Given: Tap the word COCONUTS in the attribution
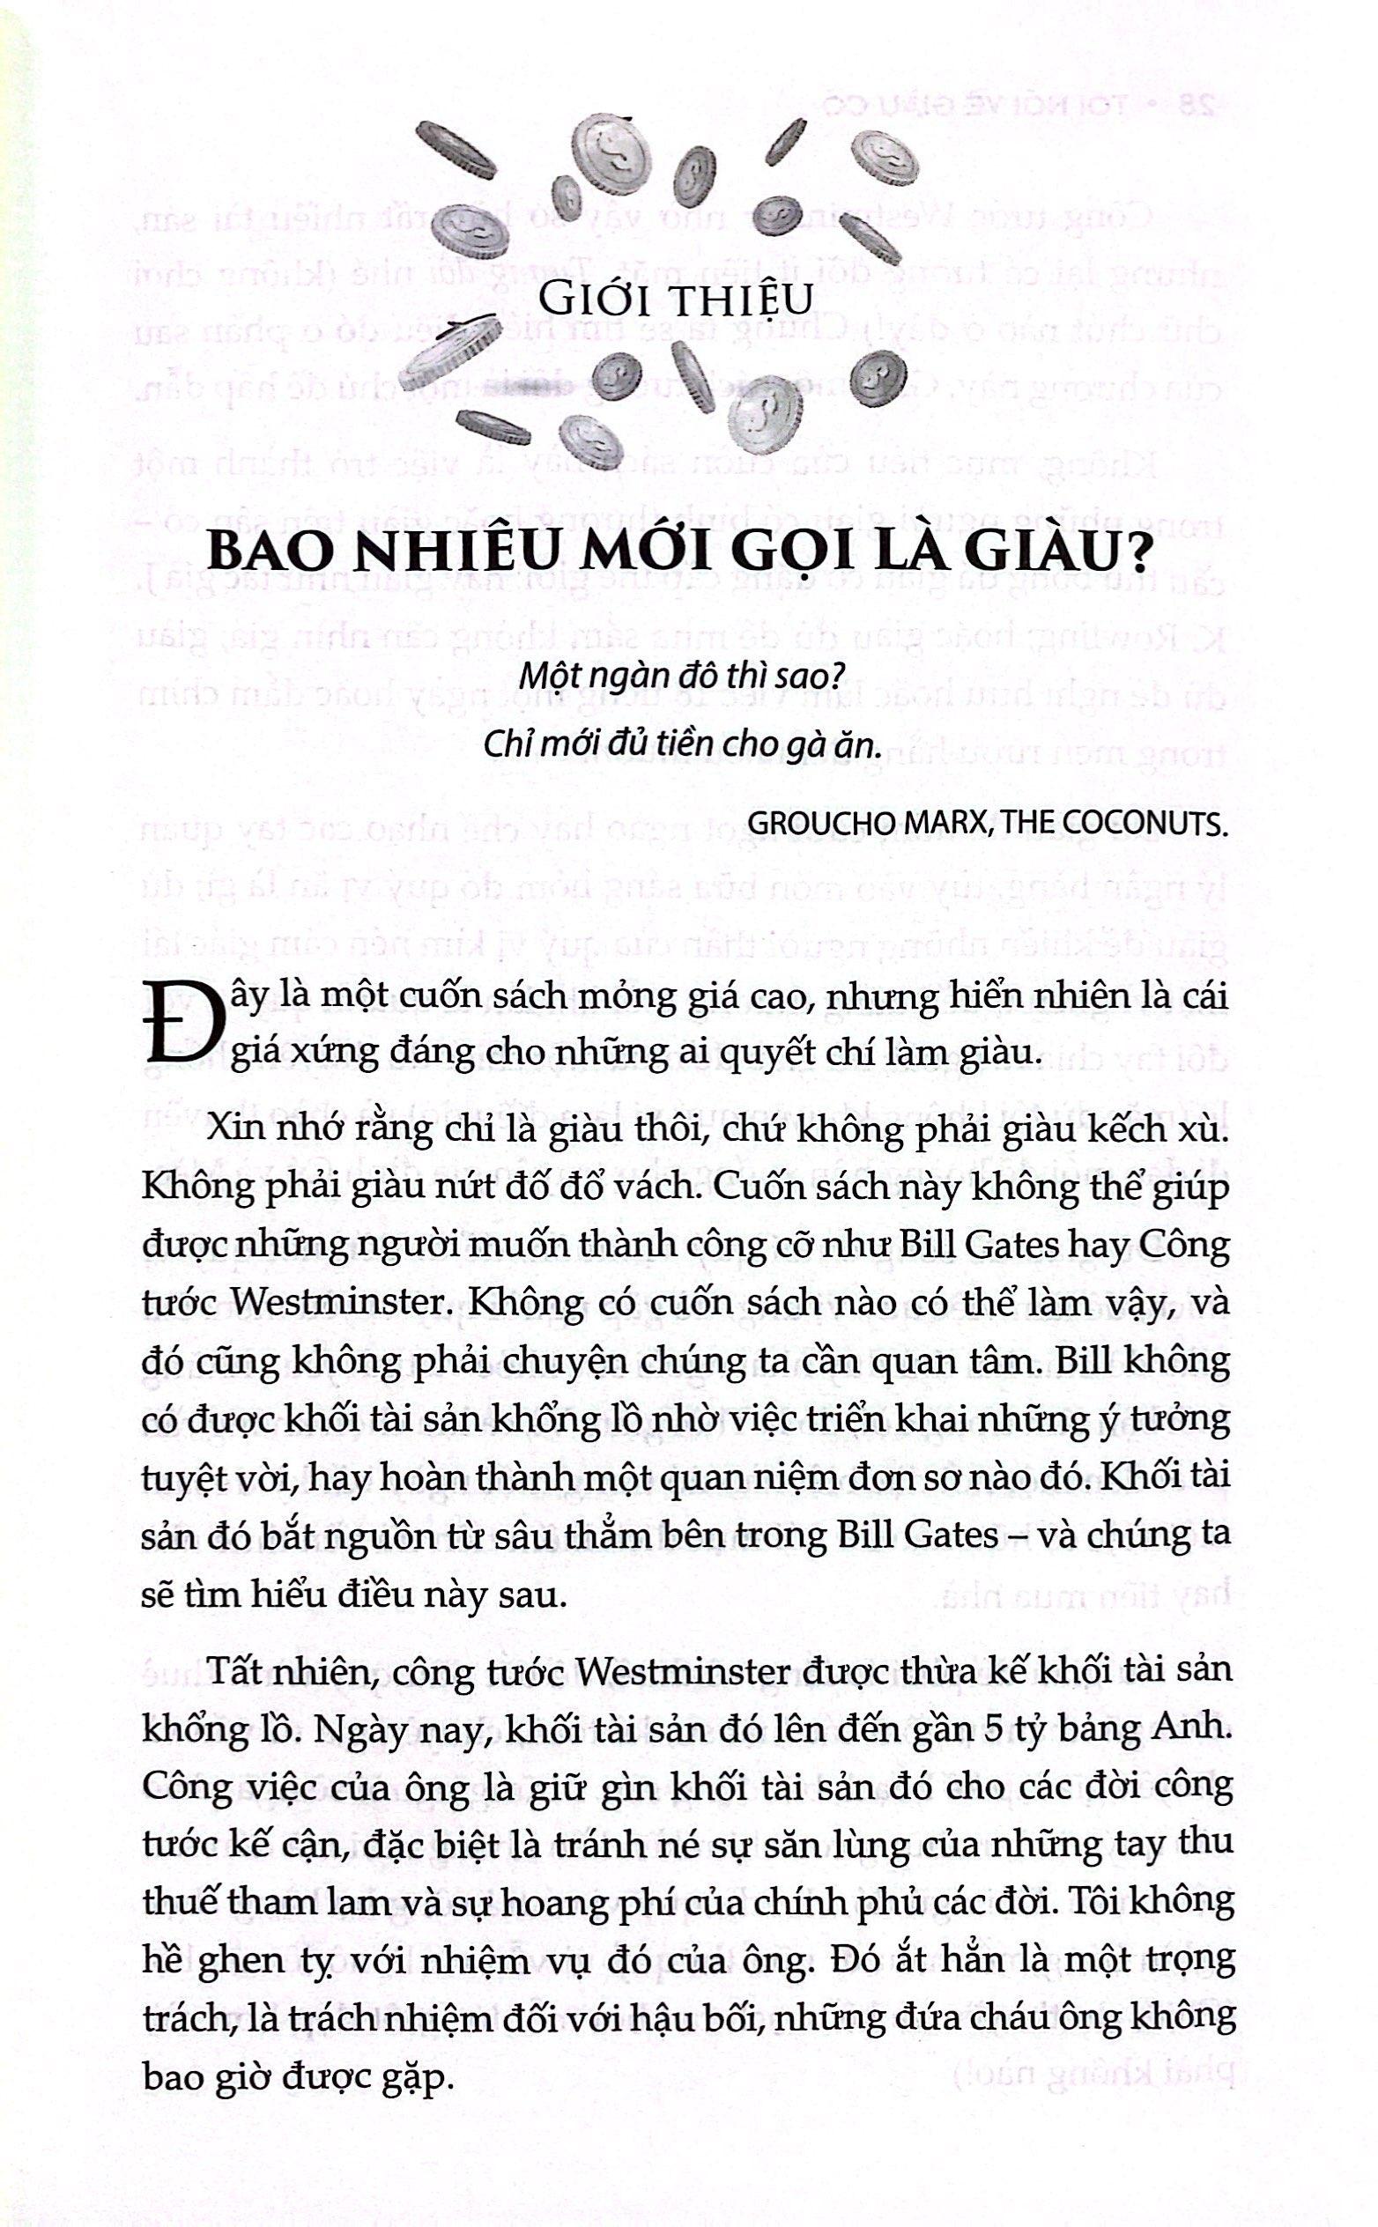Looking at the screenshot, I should pos(1151,823).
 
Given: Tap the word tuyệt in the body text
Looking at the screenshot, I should pos(184,1478).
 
